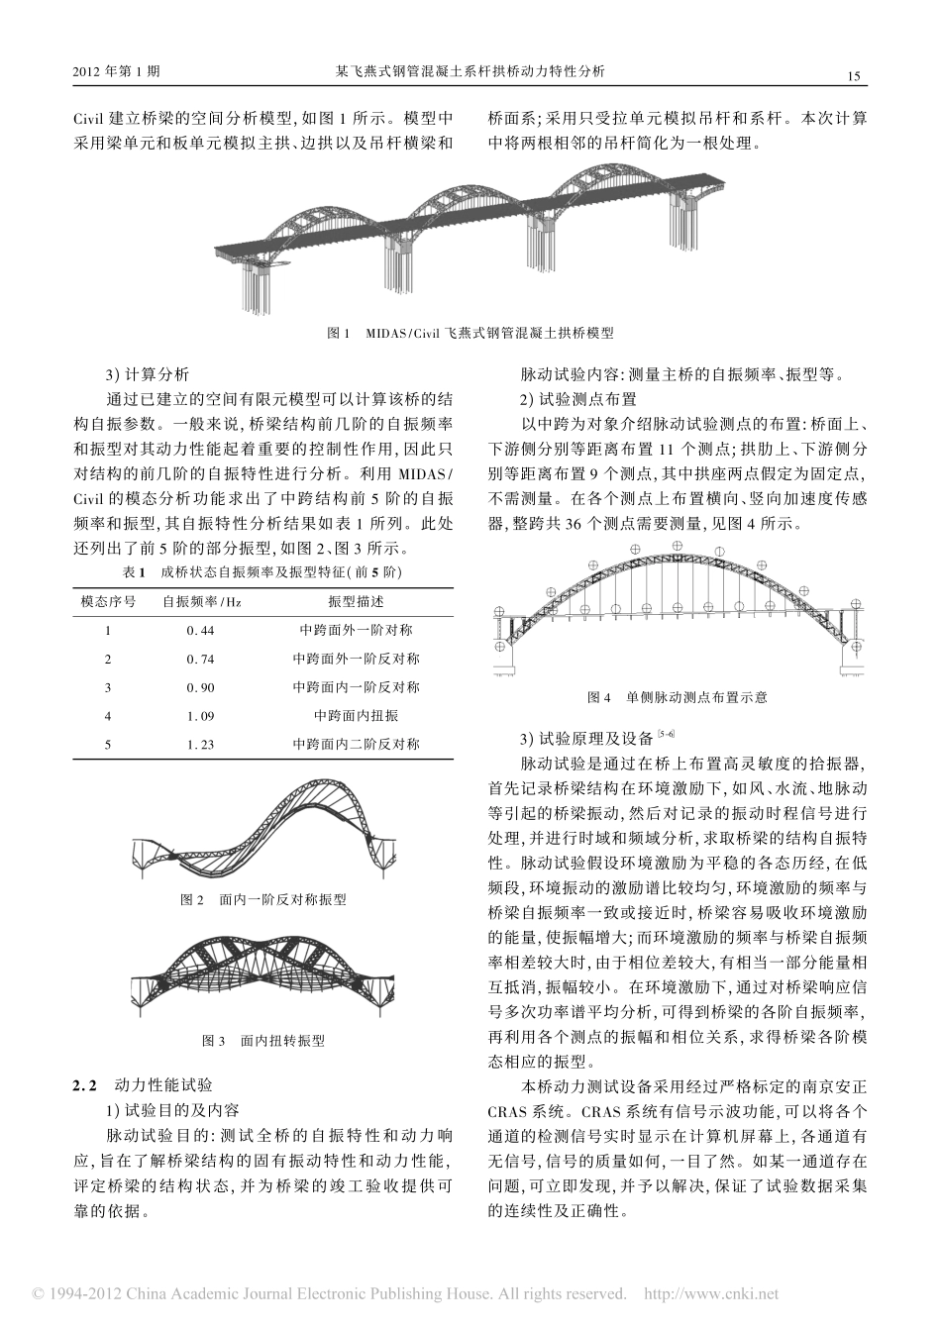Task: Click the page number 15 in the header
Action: [856, 76]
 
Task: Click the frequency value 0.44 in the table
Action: [200, 630]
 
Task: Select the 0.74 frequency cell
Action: [200, 659]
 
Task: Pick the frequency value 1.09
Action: [200, 715]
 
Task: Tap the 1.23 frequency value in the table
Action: [200, 744]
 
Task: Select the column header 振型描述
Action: [356, 601]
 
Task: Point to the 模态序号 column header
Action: [108, 601]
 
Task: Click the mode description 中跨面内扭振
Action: [356, 715]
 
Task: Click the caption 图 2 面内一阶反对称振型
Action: [263, 899]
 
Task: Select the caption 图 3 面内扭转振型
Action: [263, 1041]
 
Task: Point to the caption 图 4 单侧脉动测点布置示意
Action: [678, 697]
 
